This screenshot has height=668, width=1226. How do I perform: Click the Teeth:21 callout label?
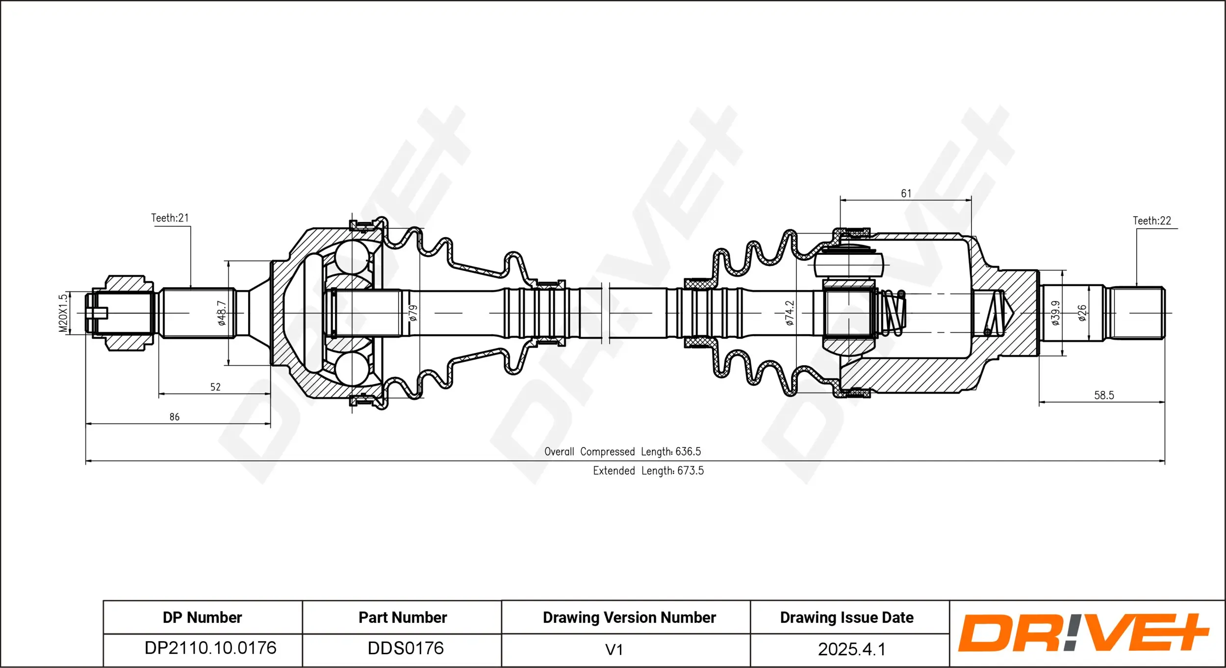(x=170, y=218)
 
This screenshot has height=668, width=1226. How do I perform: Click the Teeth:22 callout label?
(x=1151, y=221)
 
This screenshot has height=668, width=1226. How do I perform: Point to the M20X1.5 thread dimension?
(x=63, y=313)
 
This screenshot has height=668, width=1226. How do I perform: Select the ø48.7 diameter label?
(x=222, y=313)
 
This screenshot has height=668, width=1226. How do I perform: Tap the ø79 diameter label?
(x=413, y=313)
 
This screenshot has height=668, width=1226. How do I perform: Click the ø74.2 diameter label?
(x=789, y=313)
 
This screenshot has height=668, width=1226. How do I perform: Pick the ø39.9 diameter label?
(x=1055, y=313)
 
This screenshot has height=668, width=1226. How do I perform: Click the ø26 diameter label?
(x=1082, y=313)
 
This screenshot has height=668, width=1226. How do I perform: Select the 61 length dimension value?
(x=906, y=194)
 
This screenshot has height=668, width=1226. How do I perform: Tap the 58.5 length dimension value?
(x=1104, y=396)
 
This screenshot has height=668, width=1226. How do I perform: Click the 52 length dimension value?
(x=215, y=387)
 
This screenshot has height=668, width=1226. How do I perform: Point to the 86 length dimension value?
(x=175, y=417)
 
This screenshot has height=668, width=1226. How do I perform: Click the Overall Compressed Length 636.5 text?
(x=622, y=451)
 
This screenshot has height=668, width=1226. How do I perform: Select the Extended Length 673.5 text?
(x=648, y=470)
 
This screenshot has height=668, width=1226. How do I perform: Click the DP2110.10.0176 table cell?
(x=210, y=648)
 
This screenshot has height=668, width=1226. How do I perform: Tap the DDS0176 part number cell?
(x=406, y=648)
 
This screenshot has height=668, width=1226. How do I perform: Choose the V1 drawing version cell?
(x=614, y=649)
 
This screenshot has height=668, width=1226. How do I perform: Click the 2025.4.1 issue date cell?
(x=851, y=649)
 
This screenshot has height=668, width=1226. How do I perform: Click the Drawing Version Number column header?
(x=629, y=618)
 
